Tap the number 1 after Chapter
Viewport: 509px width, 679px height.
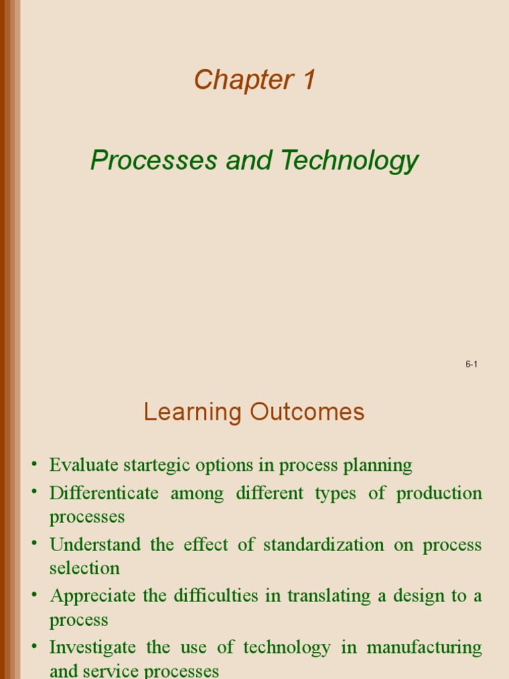click(x=308, y=80)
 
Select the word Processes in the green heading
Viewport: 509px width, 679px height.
click(x=154, y=160)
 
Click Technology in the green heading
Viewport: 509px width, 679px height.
click(x=349, y=161)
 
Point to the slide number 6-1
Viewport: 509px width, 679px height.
click(x=471, y=364)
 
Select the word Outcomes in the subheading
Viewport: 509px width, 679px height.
click(x=307, y=412)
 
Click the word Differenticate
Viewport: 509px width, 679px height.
click(x=104, y=494)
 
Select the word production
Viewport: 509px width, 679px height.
click(x=439, y=494)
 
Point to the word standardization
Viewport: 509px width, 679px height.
click(x=323, y=545)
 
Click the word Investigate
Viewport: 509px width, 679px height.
click(x=93, y=647)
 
